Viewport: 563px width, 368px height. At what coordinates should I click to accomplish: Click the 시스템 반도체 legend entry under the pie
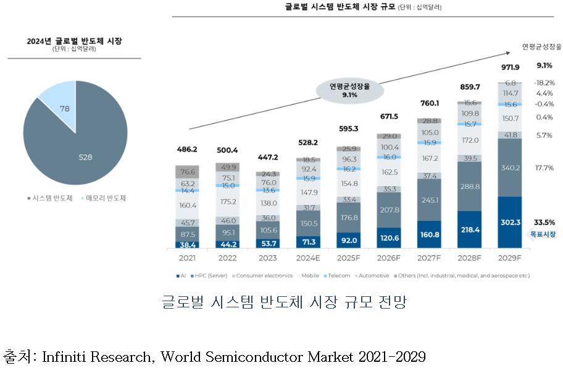pos(51,199)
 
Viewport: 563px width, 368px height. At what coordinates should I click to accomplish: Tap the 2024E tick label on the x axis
pos(309,257)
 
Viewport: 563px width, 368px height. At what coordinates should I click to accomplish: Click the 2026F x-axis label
pos(390,257)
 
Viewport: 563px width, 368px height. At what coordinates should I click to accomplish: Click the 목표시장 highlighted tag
pos(544,234)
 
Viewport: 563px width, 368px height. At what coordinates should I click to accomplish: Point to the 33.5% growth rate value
pos(544,222)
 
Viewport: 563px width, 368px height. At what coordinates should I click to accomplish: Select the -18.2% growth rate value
pos(544,82)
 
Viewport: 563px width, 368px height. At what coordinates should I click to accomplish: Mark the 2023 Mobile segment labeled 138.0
pos(269,203)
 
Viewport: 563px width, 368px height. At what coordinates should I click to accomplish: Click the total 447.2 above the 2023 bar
pos(269,157)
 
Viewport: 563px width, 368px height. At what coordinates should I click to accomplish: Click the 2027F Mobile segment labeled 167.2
pos(430,158)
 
